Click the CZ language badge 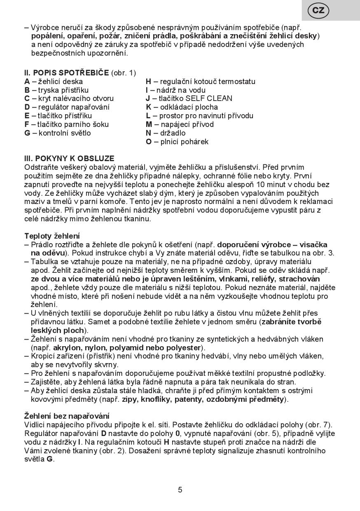(318, 10)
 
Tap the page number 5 (180, 490)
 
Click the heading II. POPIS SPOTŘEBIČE (67, 73)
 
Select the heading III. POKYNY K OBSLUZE (69, 158)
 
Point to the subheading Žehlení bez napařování (67, 416)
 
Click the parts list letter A (27, 82)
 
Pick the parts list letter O (149, 142)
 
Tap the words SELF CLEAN (209, 98)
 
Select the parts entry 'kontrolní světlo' (65, 133)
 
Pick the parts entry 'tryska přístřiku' (63, 90)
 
